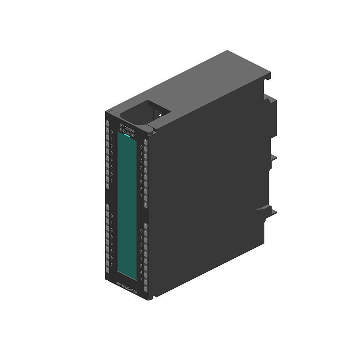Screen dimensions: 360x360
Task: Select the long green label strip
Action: coord(127,207)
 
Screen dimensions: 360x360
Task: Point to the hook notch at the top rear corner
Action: coord(268,76)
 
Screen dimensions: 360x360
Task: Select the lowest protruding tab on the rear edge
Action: coord(266,209)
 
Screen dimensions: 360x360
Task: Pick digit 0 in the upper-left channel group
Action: coord(112,132)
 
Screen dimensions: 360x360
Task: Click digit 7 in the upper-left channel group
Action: coord(112,181)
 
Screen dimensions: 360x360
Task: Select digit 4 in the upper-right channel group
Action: coord(141,175)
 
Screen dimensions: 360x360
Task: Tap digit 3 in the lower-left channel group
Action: coord(112,237)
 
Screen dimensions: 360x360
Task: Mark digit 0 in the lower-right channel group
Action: coord(141,231)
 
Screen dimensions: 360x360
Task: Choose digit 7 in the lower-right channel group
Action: coord(141,280)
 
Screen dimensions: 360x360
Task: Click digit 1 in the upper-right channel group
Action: coord(141,154)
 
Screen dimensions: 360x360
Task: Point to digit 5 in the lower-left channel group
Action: coord(112,251)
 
